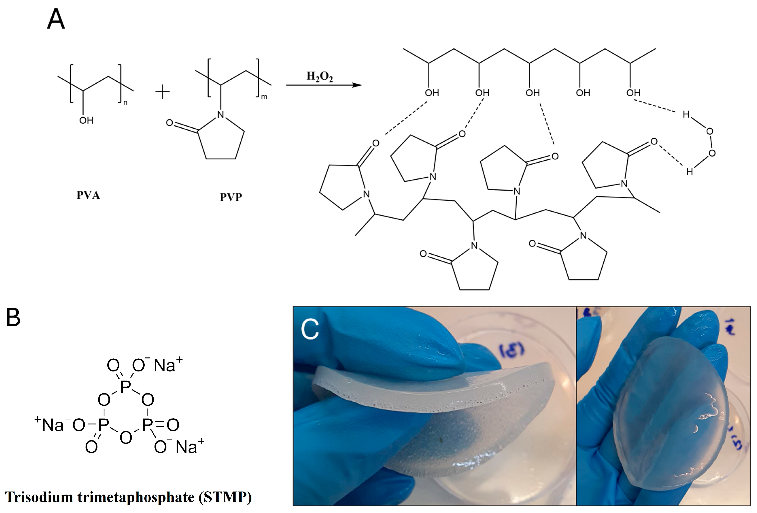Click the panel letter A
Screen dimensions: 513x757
click(56, 20)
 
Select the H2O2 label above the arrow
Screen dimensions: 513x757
click(320, 77)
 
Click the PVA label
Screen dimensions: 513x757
click(88, 195)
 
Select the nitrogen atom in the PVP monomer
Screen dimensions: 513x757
click(221, 114)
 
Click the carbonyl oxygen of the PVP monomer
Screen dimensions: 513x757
click(169, 123)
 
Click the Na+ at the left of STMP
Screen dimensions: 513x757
click(50, 424)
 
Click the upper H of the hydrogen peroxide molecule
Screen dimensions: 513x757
click(686, 114)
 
